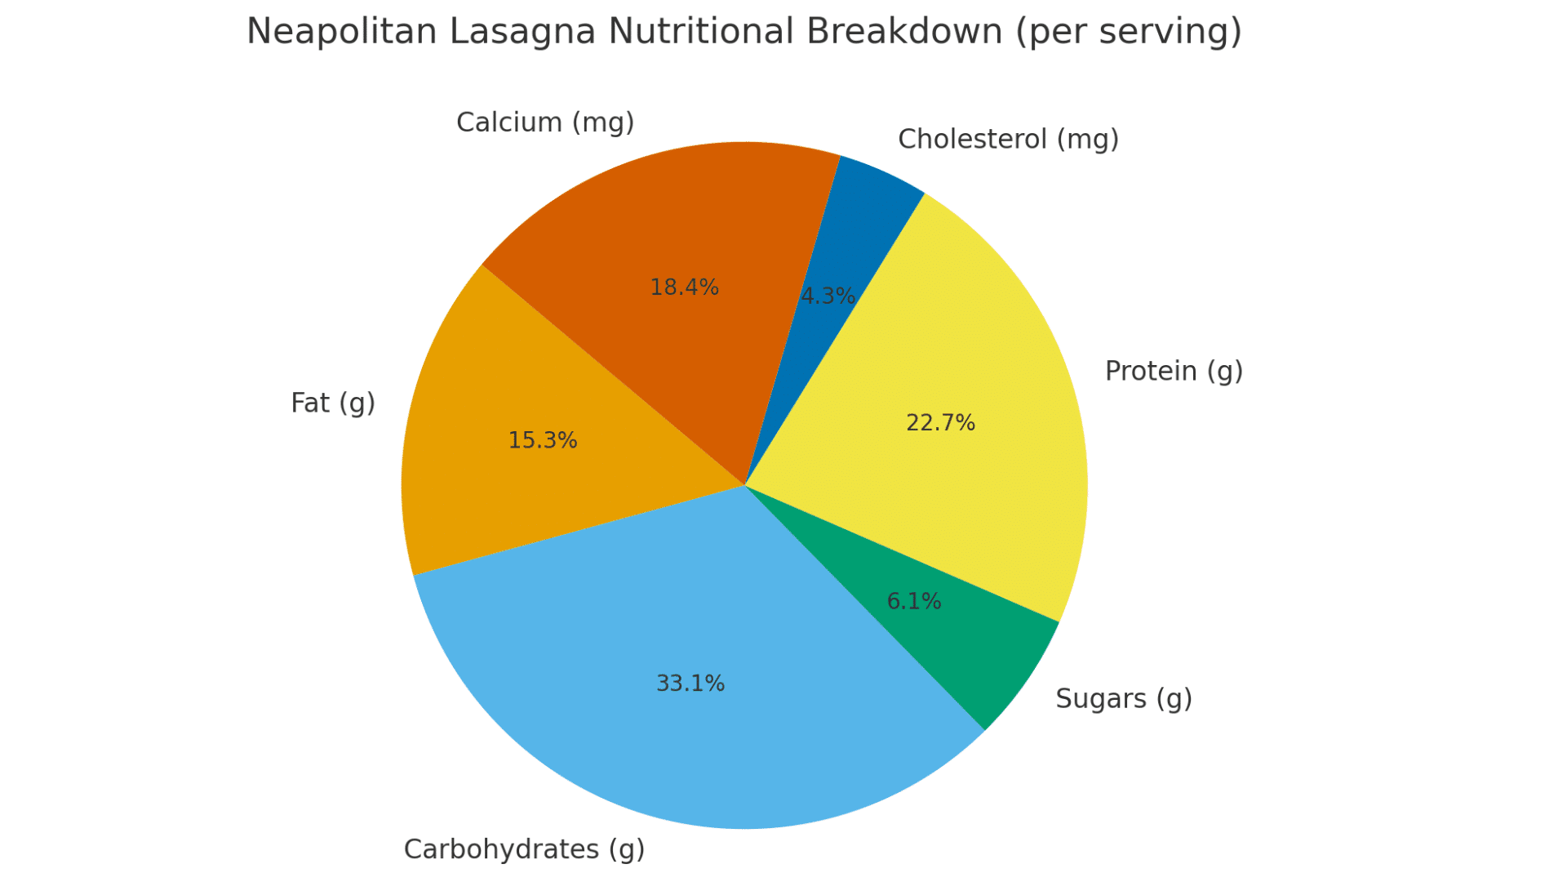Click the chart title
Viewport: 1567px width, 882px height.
click(x=744, y=33)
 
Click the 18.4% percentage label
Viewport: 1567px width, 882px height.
click(x=684, y=287)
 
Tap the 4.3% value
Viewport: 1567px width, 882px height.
click(x=828, y=296)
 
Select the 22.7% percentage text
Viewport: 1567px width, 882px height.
click(x=940, y=423)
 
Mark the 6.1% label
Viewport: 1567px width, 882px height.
click(x=913, y=602)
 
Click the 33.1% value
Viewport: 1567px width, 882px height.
click(x=690, y=684)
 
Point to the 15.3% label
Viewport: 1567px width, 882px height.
click(x=542, y=441)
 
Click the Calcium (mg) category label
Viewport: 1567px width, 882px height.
click(x=545, y=122)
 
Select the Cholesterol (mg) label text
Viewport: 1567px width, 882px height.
click(x=1008, y=140)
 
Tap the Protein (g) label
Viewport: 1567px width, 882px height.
click(x=1173, y=372)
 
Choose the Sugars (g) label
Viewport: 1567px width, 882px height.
click(x=1123, y=699)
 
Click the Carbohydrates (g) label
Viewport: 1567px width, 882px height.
click(x=524, y=849)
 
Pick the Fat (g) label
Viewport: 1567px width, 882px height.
click(x=333, y=403)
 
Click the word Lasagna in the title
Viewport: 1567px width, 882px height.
click(x=522, y=33)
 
